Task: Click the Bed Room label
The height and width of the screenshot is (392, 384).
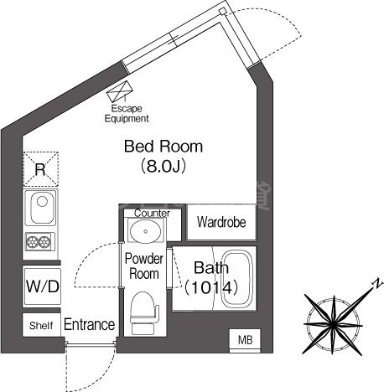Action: [x=163, y=147]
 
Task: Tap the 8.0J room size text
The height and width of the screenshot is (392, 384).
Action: [x=163, y=167]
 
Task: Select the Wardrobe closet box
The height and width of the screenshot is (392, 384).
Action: [x=221, y=222]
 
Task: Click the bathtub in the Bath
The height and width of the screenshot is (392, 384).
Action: [x=237, y=279]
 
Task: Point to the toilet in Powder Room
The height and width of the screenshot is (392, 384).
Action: [x=143, y=312]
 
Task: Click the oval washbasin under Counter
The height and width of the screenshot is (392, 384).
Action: [x=146, y=231]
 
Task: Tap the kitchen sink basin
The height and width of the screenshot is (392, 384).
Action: [x=41, y=208]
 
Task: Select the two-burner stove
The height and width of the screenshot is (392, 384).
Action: [x=39, y=241]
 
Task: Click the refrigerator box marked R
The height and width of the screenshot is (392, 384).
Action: [x=41, y=169]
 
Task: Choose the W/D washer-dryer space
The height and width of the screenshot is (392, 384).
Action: [x=42, y=286]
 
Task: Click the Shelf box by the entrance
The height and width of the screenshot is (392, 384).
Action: [x=41, y=325]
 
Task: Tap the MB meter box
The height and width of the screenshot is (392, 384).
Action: [x=245, y=340]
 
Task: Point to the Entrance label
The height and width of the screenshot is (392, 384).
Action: [x=90, y=324]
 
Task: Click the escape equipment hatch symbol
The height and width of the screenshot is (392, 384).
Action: [x=120, y=91]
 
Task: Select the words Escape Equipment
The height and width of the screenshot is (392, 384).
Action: [x=127, y=113]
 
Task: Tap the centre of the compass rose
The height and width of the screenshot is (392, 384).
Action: [x=333, y=324]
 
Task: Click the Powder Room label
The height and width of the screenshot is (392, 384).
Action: [x=144, y=266]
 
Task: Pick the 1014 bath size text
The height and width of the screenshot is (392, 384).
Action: [x=211, y=287]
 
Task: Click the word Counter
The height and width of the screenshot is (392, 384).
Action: [x=152, y=214]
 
